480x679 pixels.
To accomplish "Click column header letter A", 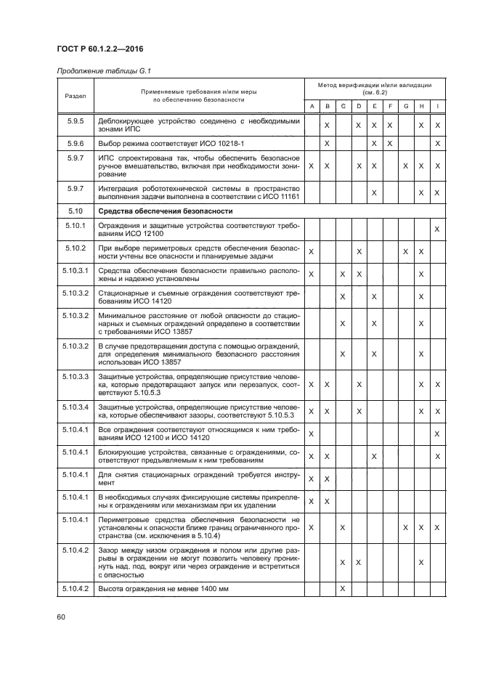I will click(311, 107).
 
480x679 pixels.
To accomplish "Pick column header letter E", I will click(374, 107).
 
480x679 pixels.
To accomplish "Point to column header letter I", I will click(437, 107).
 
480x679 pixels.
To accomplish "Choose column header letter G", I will click(405, 107).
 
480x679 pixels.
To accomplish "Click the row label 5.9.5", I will click(75, 121).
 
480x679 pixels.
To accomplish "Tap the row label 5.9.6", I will click(75, 144).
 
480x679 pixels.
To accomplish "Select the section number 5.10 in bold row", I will click(75, 211).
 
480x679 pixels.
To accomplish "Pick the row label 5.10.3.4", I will click(75, 407).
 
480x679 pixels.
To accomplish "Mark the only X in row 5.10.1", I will click(437, 229).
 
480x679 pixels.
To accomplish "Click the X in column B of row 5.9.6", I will click(327, 144).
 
